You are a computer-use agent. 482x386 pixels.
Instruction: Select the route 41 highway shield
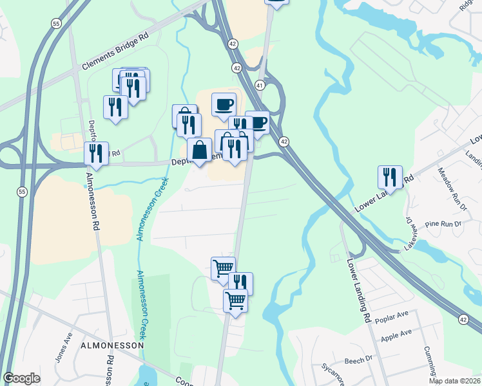(x=259, y=85)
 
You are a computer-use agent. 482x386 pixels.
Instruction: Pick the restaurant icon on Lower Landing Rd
(x=390, y=176)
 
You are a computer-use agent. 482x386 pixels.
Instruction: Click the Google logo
(x=21, y=378)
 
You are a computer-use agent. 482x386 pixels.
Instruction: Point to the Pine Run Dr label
(x=443, y=224)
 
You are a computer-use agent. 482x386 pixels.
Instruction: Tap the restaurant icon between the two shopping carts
(x=240, y=282)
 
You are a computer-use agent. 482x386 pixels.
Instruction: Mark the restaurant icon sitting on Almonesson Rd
(x=96, y=153)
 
